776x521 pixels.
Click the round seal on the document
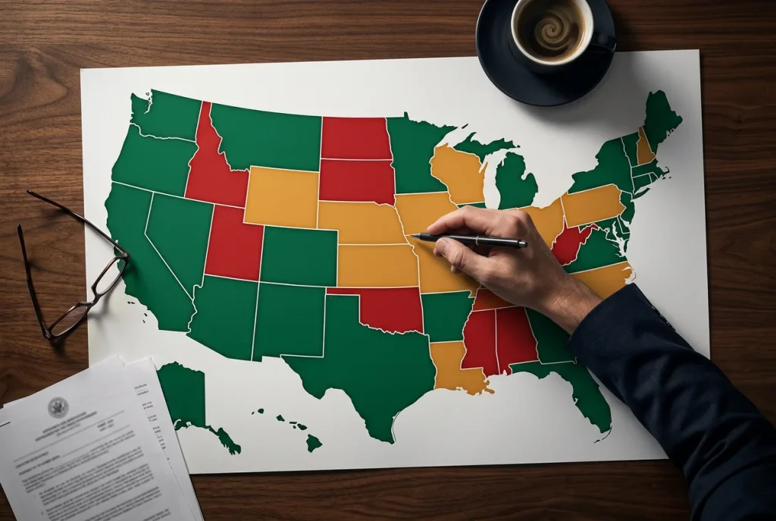[58, 407]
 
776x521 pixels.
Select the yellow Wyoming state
[281, 197]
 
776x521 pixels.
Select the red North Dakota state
[356, 137]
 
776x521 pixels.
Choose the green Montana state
[265, 137]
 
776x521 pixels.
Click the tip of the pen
[414, 237]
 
